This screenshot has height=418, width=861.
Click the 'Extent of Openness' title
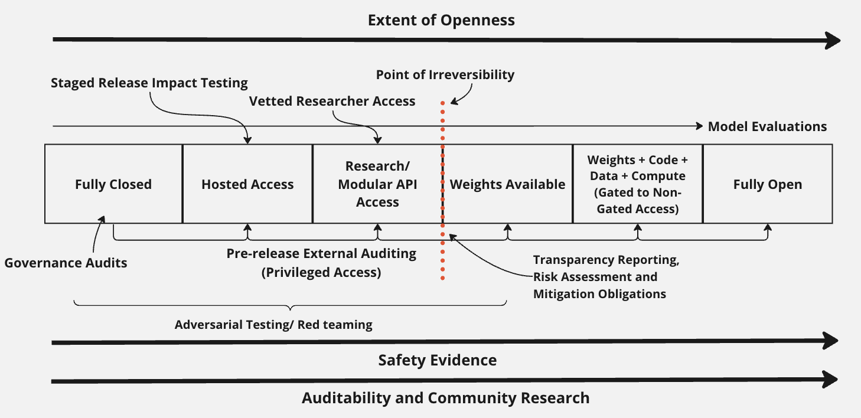coord(441,20)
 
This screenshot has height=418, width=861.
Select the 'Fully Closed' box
coord(113,184)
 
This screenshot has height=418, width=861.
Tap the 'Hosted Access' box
coord(247,184)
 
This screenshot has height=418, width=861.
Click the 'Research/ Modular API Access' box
coord(377,184)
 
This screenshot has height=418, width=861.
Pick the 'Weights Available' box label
coord(507,184)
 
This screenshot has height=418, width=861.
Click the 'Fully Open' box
coord(768,184)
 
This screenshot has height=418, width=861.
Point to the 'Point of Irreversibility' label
coord(445,75)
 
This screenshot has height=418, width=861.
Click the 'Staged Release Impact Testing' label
coord(149,83)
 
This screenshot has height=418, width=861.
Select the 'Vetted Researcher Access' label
coord(332,101)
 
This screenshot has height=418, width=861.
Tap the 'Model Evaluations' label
coord(767,126)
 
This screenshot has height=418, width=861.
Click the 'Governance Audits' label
coord(66,263)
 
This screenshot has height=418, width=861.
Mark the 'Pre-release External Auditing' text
coord(321,254)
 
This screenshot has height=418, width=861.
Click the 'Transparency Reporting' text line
coord(606,260)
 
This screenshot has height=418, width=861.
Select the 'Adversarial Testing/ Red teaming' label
coord(273,325)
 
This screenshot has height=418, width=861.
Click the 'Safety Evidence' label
coord(438,360)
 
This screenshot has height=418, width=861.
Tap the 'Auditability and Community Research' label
coord(445,398)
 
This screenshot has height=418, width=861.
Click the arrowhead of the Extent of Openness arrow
coord(833,40)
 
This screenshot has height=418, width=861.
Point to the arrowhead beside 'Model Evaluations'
coord(697,126)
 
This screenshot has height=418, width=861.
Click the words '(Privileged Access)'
coord(321,272)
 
